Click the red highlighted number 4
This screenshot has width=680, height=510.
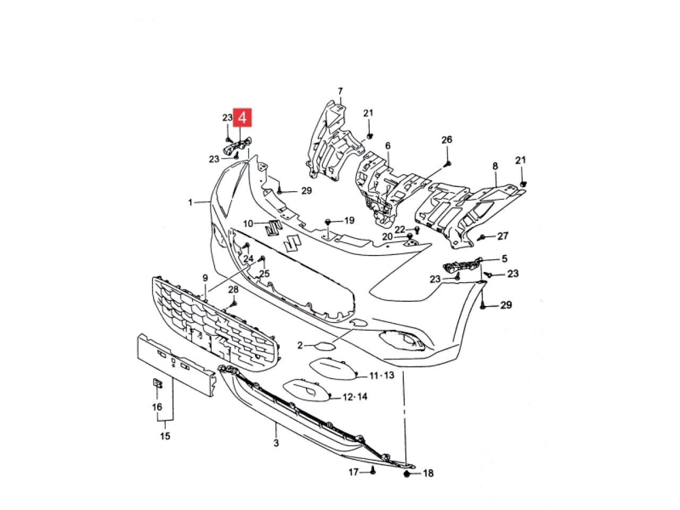(243, 117)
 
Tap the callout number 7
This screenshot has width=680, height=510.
(340, 91)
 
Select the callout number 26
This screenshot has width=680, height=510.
(447, 140)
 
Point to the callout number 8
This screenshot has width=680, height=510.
(495, 166)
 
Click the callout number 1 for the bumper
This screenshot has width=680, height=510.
(191, 202)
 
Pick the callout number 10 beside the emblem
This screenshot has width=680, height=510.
(249, 223)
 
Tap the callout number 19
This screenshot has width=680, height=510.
(349, 220)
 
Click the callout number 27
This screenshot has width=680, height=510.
(503, 236)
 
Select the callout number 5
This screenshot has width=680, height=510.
(504, 258)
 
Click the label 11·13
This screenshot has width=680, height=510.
(381, 376)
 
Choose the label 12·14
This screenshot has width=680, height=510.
(355, 397)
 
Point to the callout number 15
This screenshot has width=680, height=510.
(165, 436)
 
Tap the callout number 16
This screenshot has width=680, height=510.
(157, 406)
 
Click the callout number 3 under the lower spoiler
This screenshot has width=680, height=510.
(276, 443)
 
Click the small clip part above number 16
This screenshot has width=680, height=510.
(157, 384)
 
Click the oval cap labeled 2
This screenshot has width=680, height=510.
(325, 345)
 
